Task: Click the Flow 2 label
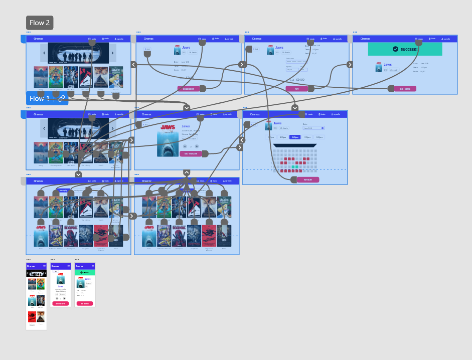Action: [40, 23]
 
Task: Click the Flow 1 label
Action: [40, 98]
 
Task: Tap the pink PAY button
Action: [296, 89]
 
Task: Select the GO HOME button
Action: [405, 89]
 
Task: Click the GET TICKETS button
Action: [191, 154]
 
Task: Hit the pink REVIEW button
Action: [307, 179]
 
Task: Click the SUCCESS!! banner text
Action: [409, 49]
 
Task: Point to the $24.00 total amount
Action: [300, 80]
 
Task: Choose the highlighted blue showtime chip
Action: [294, 137]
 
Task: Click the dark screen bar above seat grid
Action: [294, 145]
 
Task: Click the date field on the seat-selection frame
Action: [313, 128]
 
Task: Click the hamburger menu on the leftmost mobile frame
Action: [44, 266]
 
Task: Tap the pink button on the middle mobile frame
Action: [60, 303]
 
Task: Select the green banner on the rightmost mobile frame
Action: [85, 272]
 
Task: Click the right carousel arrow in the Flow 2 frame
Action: [113, 53]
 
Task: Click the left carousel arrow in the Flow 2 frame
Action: [44, 53]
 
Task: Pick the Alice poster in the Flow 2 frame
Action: [116, 77]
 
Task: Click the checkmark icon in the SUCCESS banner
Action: [396, 49]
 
